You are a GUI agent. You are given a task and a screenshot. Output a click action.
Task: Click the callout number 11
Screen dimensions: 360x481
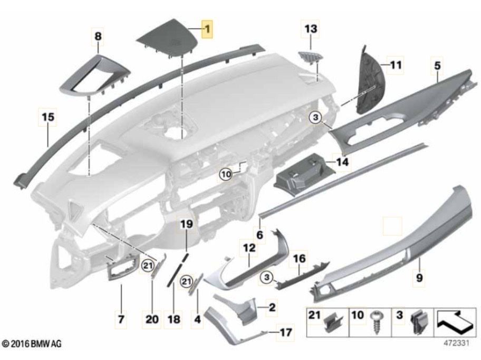click(396, 65)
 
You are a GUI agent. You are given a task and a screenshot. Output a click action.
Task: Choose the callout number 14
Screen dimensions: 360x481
click(342, 162)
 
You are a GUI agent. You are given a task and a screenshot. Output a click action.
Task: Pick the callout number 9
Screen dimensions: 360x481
click(420, 276)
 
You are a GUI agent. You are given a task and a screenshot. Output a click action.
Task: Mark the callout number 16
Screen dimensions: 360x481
click(299, 259)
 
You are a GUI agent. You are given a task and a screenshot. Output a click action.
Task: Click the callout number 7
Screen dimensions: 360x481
click(121, 319)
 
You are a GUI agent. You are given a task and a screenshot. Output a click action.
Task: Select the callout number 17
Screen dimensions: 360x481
click(285, 333)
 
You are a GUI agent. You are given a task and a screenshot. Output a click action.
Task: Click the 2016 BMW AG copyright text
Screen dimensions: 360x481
click(32, 344)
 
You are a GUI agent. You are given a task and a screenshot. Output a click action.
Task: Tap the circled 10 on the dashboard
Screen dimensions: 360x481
click(226, 172)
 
